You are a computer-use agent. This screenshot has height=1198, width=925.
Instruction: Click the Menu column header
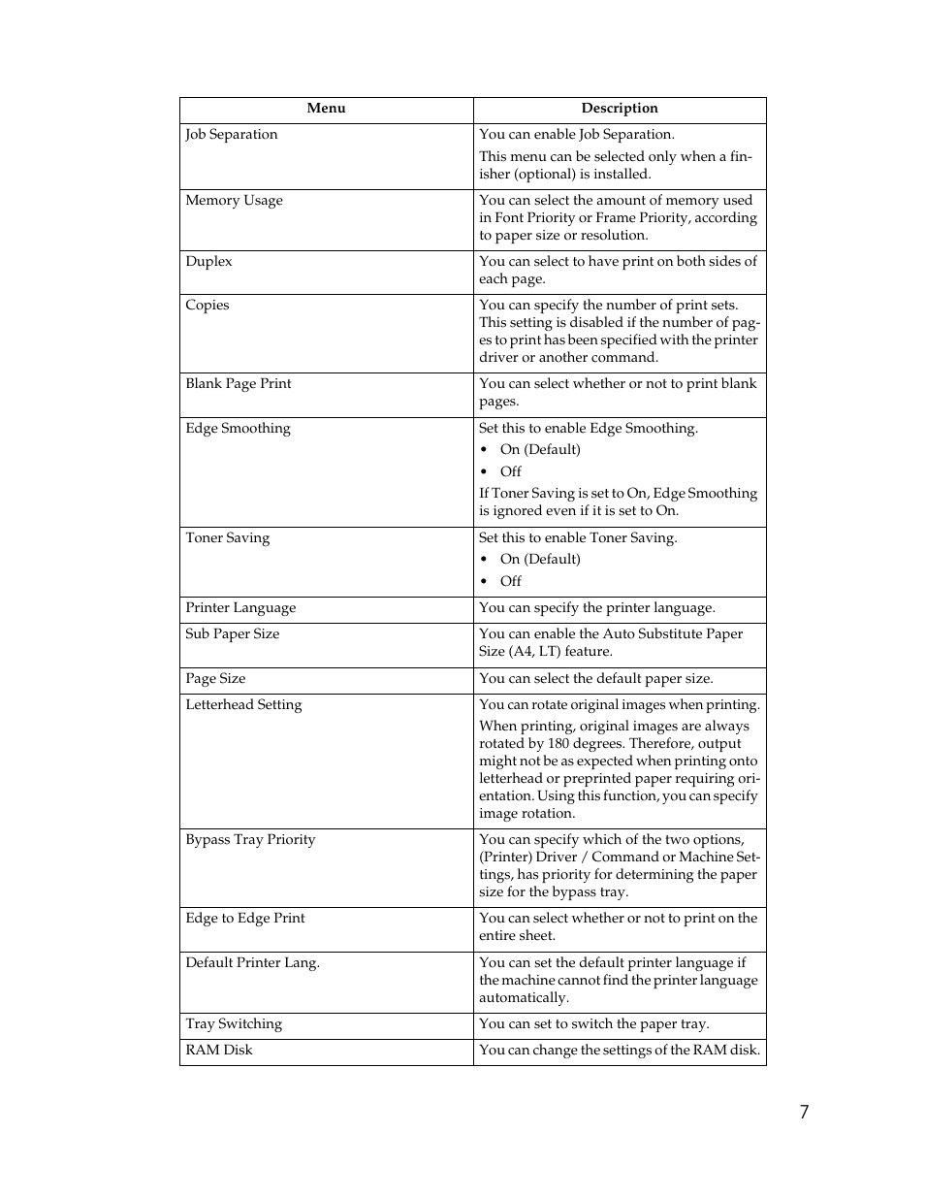coord(326,109)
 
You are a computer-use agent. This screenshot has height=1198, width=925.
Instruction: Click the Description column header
coord(619,109)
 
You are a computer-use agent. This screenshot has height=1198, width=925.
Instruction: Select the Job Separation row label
coord(231,135)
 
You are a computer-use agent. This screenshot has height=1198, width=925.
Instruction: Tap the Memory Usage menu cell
coord(234,201)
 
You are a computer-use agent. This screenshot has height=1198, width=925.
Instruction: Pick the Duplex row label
coord(208,262)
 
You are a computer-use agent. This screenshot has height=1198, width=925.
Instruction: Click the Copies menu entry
coord(207,306)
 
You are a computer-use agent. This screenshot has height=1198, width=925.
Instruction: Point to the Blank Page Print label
coord(238,384)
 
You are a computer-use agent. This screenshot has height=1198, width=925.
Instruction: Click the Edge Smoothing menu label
coord(238,429)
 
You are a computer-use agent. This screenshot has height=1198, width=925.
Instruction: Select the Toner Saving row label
coord(227,538)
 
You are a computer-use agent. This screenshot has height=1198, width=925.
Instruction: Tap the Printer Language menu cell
coord(240,608)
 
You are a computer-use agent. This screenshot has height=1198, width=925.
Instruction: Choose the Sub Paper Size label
coord(232,634)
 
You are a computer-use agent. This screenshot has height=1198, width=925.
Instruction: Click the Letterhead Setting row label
coord(243,705)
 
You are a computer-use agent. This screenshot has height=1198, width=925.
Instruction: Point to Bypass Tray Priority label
coord(250,840)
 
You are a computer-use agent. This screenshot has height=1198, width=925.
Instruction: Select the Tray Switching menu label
coord(234,1024)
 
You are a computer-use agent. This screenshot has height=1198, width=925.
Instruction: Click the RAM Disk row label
coord(218,1051)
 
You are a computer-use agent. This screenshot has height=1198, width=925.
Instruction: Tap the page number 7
coord(804,1113)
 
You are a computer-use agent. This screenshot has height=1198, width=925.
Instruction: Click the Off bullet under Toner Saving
coord(510,582)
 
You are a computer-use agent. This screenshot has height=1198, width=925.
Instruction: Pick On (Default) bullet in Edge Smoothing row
coord(540,450)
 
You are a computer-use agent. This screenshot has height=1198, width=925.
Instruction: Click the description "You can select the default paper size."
coord(595,679)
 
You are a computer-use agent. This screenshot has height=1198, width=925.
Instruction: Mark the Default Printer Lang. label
coord(252,963)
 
